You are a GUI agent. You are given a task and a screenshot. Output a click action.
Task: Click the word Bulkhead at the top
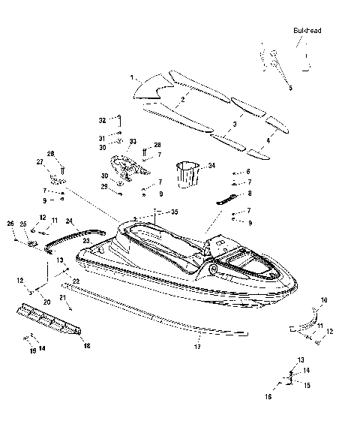[x=307, y=31]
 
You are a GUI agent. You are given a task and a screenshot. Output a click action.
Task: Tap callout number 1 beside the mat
[x=132, y=78]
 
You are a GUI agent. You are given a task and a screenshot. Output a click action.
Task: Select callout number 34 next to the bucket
[x=211, y=165]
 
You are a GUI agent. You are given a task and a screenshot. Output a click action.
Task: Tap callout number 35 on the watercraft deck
[x=175, y=212]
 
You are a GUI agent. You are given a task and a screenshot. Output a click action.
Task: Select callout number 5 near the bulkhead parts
[x=291, y=88]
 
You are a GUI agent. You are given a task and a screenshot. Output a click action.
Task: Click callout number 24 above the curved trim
[x=69, y=221]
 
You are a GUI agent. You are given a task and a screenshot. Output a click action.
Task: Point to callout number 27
[x=40, y=161]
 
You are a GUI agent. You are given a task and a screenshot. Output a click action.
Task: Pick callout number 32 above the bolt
[x=103, y=120]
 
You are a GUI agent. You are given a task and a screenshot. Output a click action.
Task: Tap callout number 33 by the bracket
[x=133, y=141]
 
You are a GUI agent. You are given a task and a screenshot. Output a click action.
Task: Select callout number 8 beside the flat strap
[x=249, y=194]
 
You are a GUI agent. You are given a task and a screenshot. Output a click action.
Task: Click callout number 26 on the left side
[x=10, y=223]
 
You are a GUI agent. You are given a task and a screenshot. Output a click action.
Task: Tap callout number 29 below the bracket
[x=105, y=185]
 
